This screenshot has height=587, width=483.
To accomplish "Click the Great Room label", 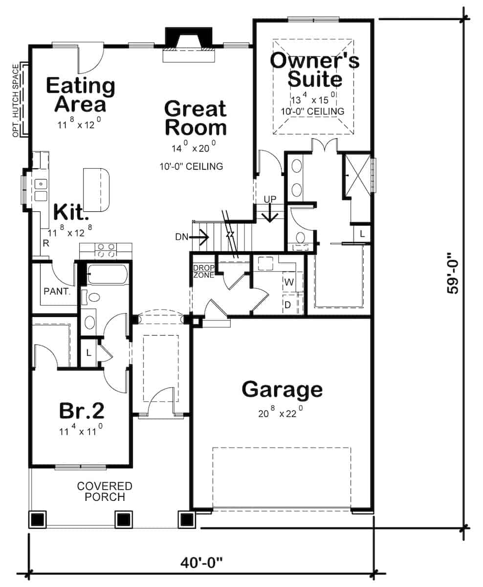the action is point(196,118).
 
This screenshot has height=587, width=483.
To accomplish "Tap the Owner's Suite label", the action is point(315,69).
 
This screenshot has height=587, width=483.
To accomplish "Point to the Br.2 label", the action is point(82,411).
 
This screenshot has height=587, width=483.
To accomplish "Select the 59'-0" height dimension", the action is point(453,273).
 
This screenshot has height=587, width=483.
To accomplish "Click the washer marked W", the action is point(289,282).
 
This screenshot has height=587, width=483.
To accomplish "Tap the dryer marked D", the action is point(288,305).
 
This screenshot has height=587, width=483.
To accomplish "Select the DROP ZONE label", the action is point(204,271).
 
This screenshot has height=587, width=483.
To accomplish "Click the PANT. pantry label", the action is point(57,292).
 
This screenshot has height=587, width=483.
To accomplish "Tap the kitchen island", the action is point(96,189).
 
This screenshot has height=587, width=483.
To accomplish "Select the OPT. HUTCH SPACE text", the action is point(16,101).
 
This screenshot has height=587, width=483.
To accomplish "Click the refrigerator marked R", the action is point(46,243).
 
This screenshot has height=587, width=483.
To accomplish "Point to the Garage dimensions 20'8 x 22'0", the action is point(280,412).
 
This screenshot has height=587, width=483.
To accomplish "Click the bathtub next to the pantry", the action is point(108,274).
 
